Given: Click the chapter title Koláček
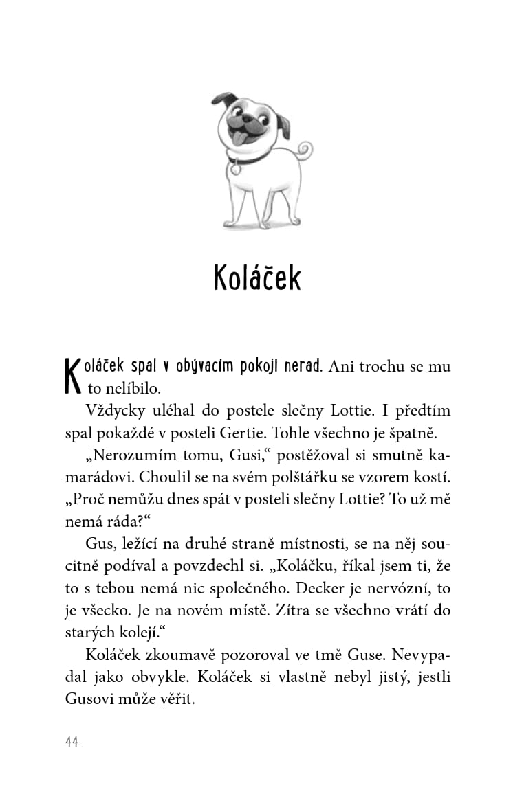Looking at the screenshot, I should pos(257,277).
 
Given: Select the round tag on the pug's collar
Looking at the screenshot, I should pos(236,168).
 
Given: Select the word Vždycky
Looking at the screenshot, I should pos(115,410).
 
